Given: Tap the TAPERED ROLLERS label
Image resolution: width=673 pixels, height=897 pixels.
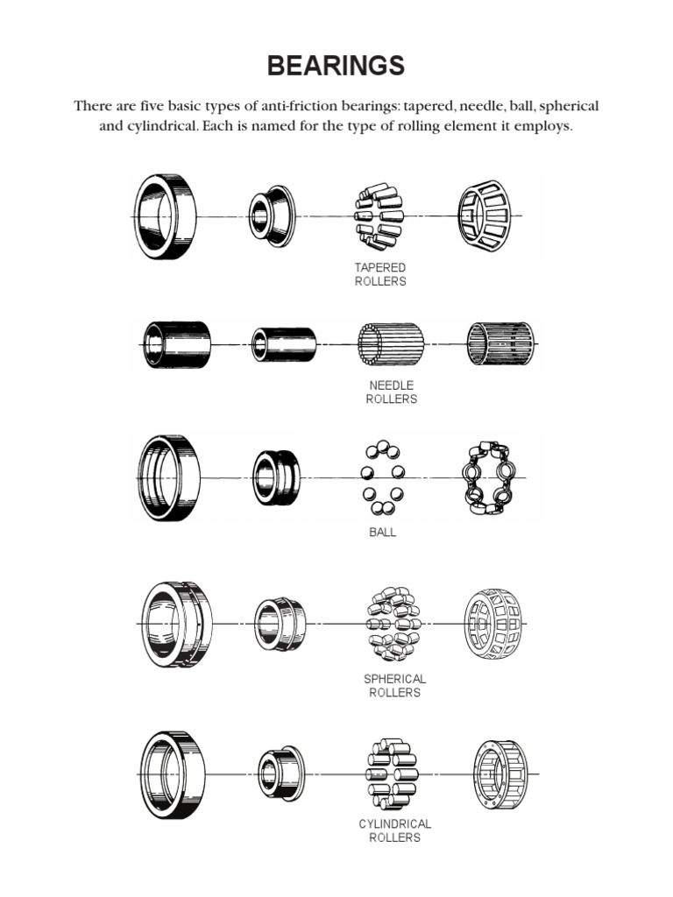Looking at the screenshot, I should [x=380, y=274].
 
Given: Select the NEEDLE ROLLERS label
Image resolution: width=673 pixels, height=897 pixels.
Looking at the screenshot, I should [x=391, y=392].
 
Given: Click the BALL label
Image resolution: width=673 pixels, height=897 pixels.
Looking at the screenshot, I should [x=382, y=532].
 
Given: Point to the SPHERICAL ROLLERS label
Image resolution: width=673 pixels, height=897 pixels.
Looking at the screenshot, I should [x=394, y=685].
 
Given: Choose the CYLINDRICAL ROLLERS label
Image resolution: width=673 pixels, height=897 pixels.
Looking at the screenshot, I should [x=394, y=830].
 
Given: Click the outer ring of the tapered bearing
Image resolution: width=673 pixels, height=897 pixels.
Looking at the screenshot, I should [x=165, y=215].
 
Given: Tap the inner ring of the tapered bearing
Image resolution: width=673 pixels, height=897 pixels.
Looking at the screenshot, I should [x=267, y=215].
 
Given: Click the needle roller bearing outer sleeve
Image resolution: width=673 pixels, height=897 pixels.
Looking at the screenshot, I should [x=179, y=344].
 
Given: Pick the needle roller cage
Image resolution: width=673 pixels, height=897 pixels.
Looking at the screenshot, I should [x=499, y=343].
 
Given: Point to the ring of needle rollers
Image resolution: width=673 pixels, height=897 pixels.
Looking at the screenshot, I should [x=391, y=344].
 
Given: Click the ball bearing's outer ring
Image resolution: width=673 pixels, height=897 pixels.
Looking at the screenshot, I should [x=168, y=477].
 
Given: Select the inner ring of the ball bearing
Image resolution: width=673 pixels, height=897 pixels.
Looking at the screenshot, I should [x=277, y=477].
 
